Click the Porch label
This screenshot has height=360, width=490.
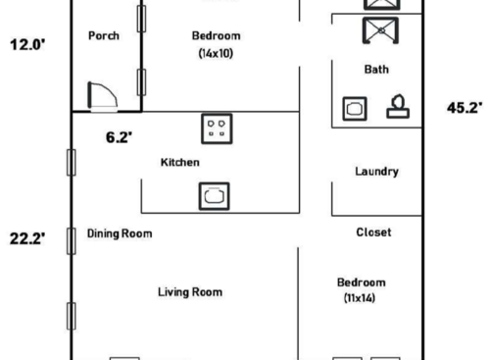(104, 36)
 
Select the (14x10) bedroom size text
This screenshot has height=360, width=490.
(216, 54)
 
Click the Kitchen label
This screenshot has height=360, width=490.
(180, 162)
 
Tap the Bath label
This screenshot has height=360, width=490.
(376, 70)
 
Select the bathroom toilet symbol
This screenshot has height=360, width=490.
(398, 106)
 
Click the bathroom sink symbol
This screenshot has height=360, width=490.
(354, 108)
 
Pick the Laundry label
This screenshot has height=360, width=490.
(376, 172)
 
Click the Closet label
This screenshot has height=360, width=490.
(373, 232)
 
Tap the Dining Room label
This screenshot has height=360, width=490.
(120, 233)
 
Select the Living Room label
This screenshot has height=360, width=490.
(190, 291)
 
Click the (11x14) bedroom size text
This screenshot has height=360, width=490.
(361, 297)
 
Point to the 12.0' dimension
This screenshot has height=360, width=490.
(26, 44)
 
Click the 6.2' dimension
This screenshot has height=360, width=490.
(118, 138)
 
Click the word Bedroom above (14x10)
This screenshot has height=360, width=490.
(216, 36)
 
